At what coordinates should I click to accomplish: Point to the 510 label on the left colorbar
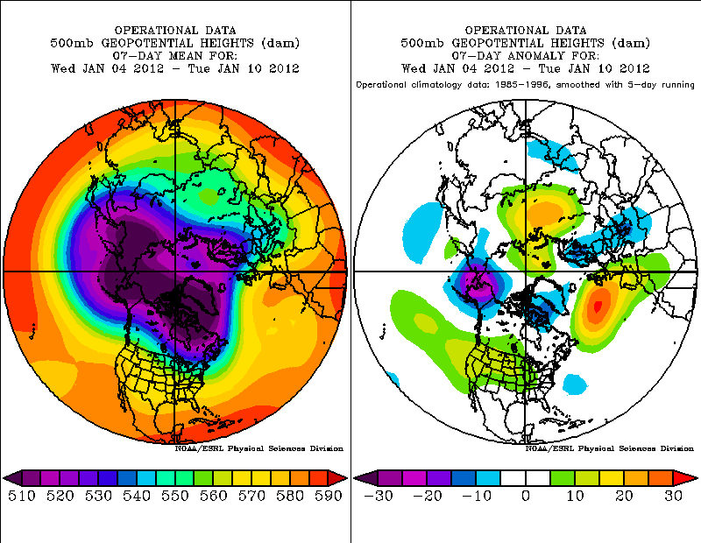(21, 497)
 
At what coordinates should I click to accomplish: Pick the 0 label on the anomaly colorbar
(526, 497)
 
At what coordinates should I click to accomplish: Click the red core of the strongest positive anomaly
(598, 306)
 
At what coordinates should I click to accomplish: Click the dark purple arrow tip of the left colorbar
(11, 478)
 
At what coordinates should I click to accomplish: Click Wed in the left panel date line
(62, 68)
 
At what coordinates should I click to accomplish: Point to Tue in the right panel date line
(566, 68)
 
